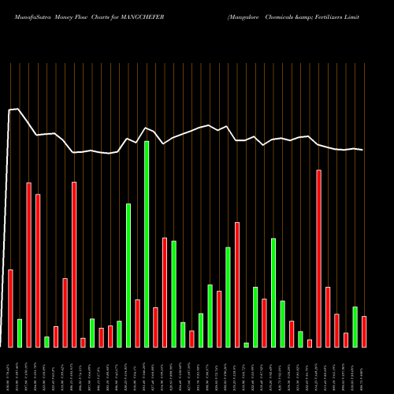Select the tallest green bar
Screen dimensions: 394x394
pos(147,243)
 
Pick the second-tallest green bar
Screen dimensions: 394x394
pos(128,275)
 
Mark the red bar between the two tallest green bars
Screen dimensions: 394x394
pos(137,323)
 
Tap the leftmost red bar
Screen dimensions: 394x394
pos(10,308)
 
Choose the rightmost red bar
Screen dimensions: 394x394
pos(364,331)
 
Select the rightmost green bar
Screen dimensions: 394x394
pos(355,326)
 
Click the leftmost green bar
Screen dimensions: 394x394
pos(20,333)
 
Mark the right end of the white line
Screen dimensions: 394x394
pos(363,150)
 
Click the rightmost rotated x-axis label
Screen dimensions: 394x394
pos(364,370)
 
